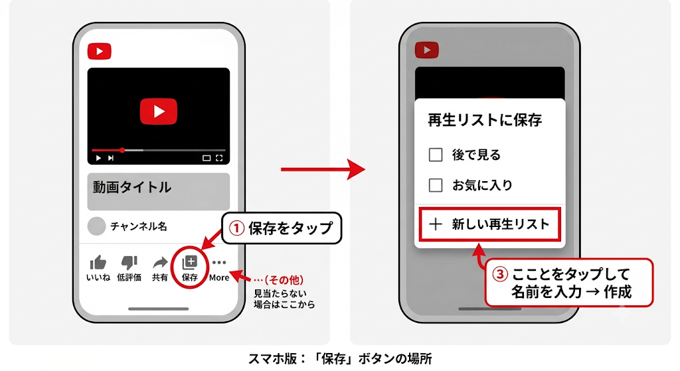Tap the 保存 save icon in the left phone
coord(189,263)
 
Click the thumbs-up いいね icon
coord(98,263)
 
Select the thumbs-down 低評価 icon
coord(129,263)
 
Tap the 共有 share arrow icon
coord(160,263)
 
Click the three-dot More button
coord(219,262)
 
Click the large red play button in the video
coord(159,111)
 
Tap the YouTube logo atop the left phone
coord(100,51)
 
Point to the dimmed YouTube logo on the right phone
coord(427,50)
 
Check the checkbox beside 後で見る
coord(436,155)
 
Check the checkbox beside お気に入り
coord(436,185)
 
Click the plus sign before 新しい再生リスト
coord(436,224)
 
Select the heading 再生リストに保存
coord(485,120)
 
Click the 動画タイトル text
coord(132,187)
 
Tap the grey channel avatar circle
coord(96,226)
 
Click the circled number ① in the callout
coord(237,228)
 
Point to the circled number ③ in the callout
coord(499,274)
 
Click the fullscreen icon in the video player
coord(219,158)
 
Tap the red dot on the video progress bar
coord(123,151)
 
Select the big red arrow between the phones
coord(323,169)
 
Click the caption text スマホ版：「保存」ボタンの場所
coord(340,359)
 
